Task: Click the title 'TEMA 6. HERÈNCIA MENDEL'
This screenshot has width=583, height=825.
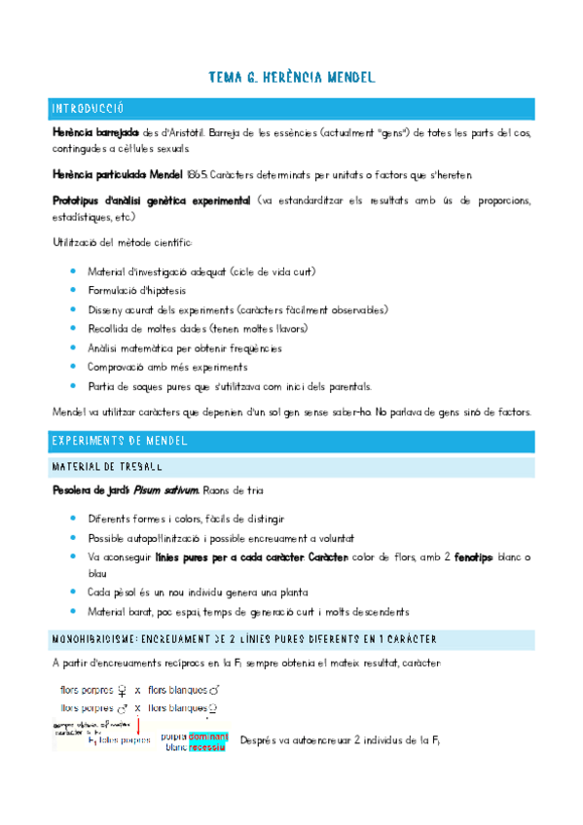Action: [x=291, y=77]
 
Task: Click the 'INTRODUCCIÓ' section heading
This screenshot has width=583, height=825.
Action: [x=88, y=109]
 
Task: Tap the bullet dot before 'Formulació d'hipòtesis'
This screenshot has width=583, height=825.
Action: [x=73, y=290]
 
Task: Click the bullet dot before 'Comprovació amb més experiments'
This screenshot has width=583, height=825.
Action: [x=73, y=367]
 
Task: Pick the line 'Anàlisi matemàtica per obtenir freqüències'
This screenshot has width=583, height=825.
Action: [x=184, y=348]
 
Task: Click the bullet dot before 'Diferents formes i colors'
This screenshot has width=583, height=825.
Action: [x=73, y=519]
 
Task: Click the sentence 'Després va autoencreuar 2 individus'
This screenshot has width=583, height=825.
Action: [x=341, y=740]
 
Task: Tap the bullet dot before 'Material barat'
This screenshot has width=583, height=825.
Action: [x=73, y=611]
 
